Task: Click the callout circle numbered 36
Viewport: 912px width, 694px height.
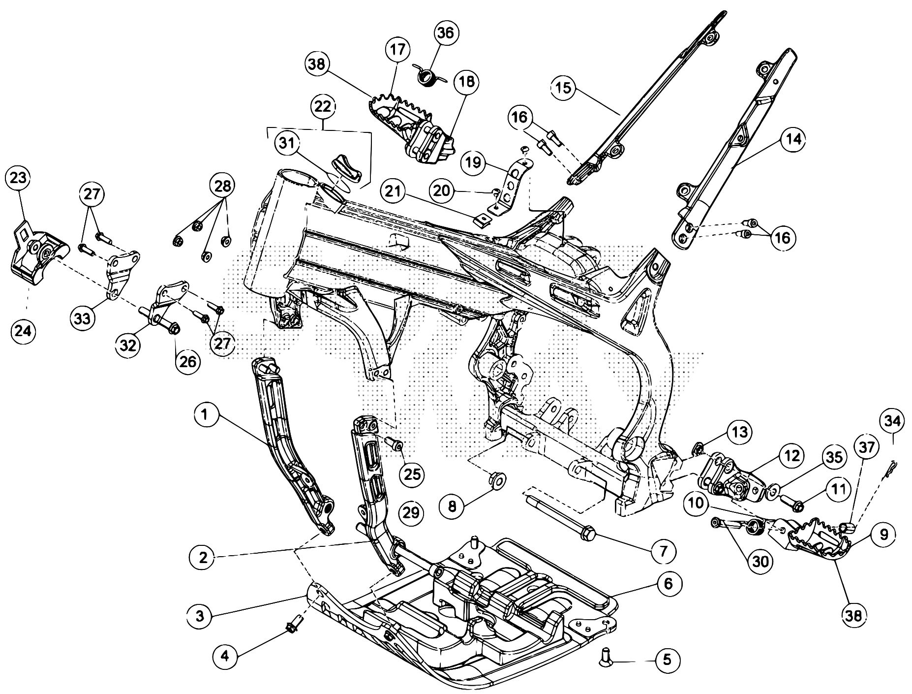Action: point(446,33)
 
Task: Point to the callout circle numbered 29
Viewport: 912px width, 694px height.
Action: point(411,513)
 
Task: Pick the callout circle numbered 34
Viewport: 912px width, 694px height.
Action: point(894,422)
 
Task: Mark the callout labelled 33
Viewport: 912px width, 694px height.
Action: point(83,318)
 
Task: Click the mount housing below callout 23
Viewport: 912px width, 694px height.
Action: point(35,258)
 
